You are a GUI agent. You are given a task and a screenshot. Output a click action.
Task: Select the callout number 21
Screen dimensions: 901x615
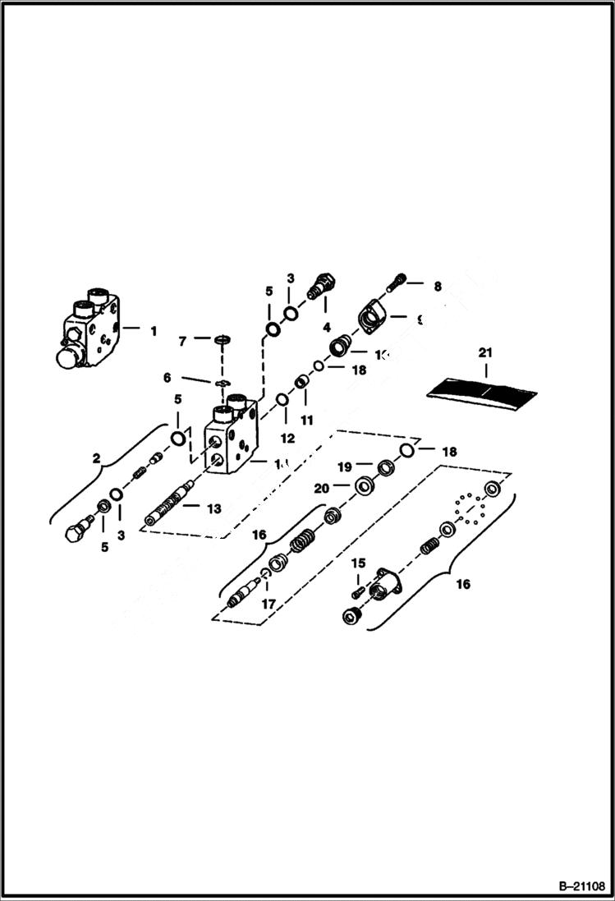[x=486, y=352]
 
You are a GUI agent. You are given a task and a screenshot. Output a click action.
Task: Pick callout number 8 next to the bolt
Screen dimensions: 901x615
[x=437, y=287]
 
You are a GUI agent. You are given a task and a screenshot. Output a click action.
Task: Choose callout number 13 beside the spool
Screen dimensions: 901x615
[x=213, y=509]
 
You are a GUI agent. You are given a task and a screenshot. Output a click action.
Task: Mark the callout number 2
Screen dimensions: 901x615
[x=97, y=458]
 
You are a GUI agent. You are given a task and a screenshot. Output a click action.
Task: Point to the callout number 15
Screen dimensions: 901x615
[x=357, y=563]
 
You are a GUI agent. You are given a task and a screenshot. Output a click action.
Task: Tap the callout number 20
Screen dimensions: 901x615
[x=321, y=488]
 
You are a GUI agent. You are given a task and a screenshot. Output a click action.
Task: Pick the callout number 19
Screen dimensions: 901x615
[x=346, y=466]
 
